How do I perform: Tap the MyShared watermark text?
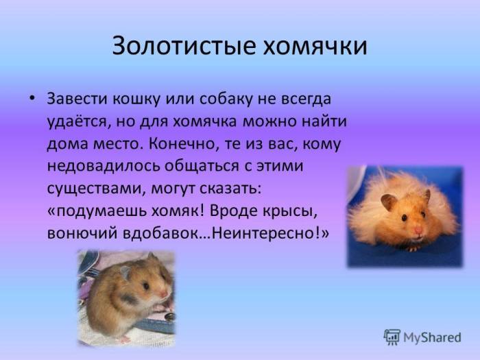[x=431, y=337]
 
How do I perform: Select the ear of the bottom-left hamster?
[x=125, y=272]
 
